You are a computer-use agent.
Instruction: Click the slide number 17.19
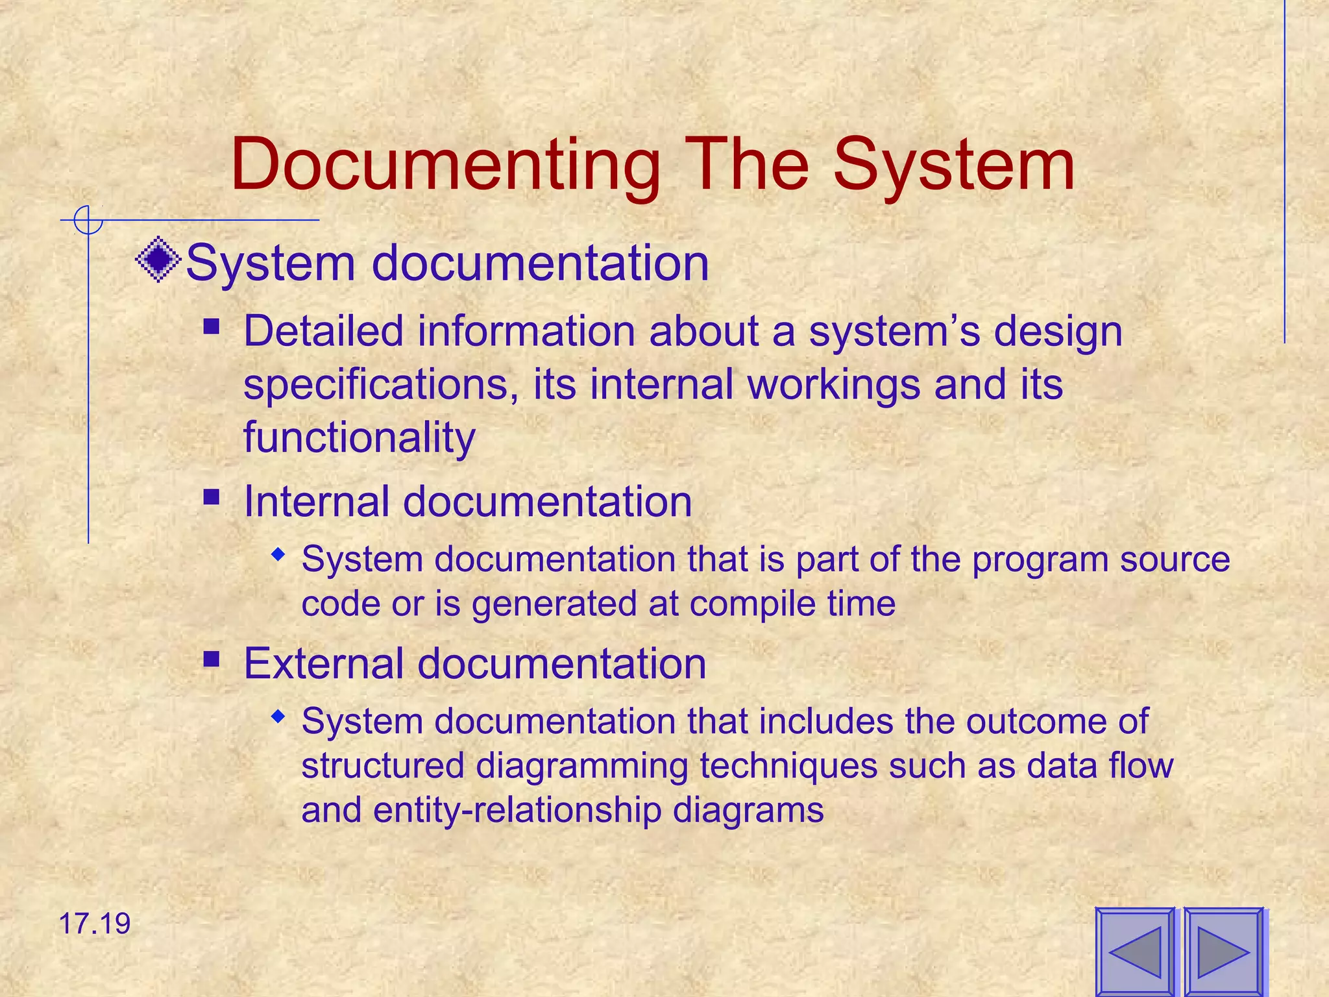[95, 924]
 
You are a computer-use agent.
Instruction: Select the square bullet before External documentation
[211, 659]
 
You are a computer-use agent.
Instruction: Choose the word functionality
[359, 437]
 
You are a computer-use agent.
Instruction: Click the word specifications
[380, 385]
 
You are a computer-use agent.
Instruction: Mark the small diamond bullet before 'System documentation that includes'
[278, 717]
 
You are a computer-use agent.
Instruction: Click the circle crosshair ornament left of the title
[88, 220]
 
